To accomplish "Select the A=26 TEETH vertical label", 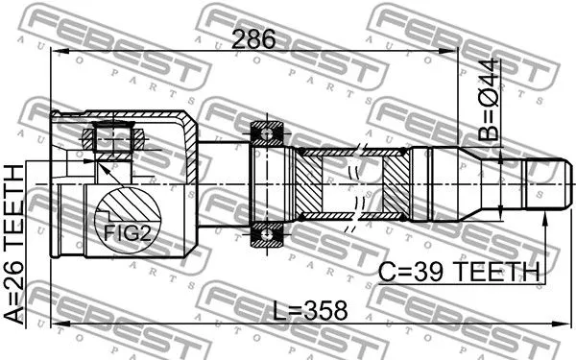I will [16, 246].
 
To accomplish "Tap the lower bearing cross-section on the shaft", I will [266, 232].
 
